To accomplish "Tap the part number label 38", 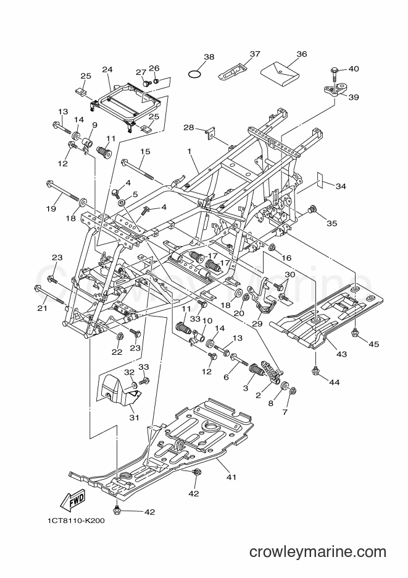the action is [x=209, y=57].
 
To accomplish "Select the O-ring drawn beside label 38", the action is [x=194, y=74].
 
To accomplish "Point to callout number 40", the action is [x=353, y=69].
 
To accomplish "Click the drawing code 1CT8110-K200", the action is [x=76, y=521].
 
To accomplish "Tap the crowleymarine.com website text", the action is [x=317, y=552].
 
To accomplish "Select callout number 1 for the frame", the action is [x=189, y=151].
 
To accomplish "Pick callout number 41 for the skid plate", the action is [x=231, y=477].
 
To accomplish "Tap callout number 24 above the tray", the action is [x=107, y=69].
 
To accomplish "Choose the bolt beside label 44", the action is [x=315, y=370].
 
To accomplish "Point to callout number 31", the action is [x=135, y=417].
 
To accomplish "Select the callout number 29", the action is [x=257, y=324].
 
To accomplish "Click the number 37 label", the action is [x=254, y=54].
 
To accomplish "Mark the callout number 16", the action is [x=286, y=258].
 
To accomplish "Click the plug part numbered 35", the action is [x=313, y=210].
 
